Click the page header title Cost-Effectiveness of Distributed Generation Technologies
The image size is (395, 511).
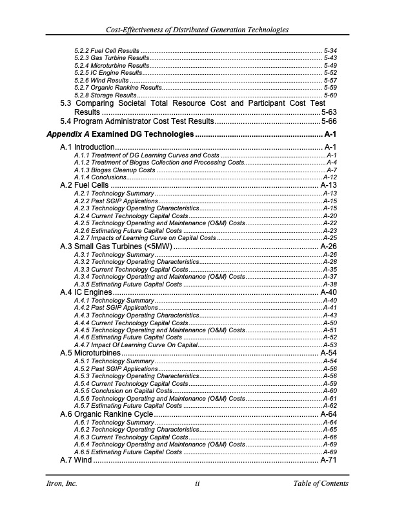(x=197, y=30)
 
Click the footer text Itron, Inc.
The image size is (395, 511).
(x=61, y=484)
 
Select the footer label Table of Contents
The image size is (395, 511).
(x=320, y=484)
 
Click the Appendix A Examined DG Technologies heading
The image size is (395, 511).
(x=120, y=134)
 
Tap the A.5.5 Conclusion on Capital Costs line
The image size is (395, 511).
(x=123, y=391)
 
